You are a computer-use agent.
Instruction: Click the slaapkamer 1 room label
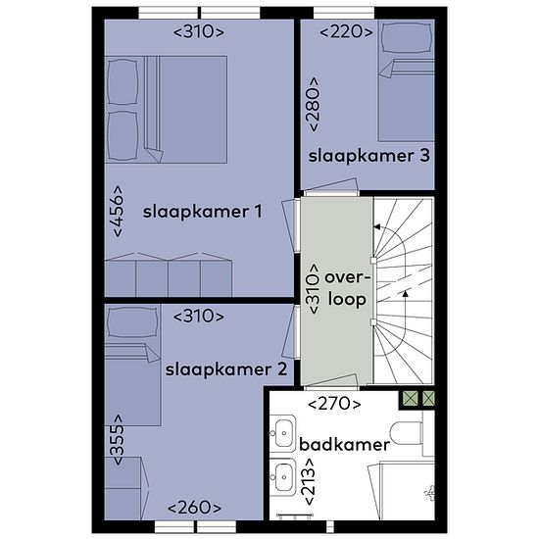point(203,212)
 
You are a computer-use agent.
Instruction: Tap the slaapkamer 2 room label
point(226,369)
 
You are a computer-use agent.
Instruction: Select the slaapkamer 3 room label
point(368,156)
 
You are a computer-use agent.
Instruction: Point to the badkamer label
point(344,445)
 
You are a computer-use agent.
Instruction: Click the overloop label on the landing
point(347,289)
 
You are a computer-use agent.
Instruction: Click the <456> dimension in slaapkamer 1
point(118,211)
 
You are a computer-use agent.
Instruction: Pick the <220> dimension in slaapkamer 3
point(346,32)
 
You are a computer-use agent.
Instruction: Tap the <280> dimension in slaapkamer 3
point(314,104)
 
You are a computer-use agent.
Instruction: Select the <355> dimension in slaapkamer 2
point(118,440)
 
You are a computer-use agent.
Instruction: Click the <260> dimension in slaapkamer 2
point(194,508)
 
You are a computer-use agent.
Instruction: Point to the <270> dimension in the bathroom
point(334,404)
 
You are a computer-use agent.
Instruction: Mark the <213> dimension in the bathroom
point(308,482)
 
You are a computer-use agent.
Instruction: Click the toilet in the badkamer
point(408,433)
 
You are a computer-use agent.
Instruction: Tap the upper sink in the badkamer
point(282,433)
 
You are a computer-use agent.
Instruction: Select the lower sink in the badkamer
point(282,477)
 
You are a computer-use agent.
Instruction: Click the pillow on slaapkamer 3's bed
point(407,38)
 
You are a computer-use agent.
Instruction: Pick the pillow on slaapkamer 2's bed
point(132,322)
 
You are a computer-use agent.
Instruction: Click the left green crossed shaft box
point(411,399)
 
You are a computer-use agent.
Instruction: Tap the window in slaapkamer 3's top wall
point(344,13)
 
